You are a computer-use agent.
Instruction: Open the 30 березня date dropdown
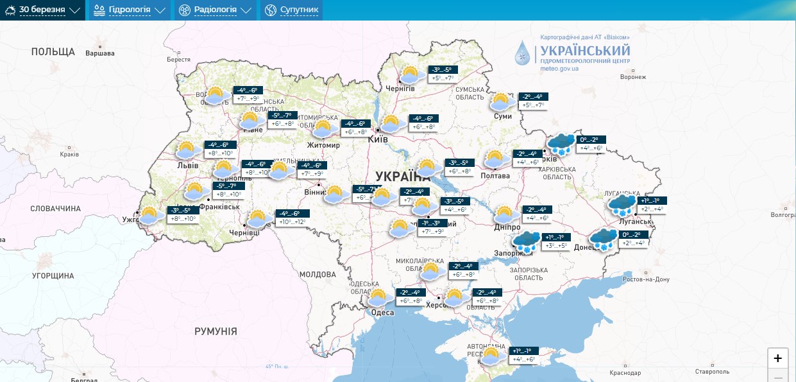[x=42, y=10]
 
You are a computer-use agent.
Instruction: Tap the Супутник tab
[x=291, y=10]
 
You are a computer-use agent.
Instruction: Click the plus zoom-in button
[x=777, y=358]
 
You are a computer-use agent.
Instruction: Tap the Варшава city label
[x=100, y=53]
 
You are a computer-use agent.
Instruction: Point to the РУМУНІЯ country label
[x=216, y=331]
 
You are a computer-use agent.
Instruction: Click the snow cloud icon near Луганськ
[x=621, y=205]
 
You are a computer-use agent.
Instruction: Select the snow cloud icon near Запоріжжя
[x=526, y=241]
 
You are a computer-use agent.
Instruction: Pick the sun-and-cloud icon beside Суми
[x=501, y=101]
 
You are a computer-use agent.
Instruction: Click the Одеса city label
[x=382, y=313]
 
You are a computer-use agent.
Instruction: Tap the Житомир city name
[x=323, y=145]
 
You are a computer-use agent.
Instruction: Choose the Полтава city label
[x=495, y=175]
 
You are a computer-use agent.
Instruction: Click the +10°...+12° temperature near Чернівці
[x=292, y=222]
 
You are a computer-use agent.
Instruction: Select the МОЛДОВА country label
[x=318, y=274]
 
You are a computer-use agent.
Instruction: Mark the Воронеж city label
[x=633, y=77]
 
